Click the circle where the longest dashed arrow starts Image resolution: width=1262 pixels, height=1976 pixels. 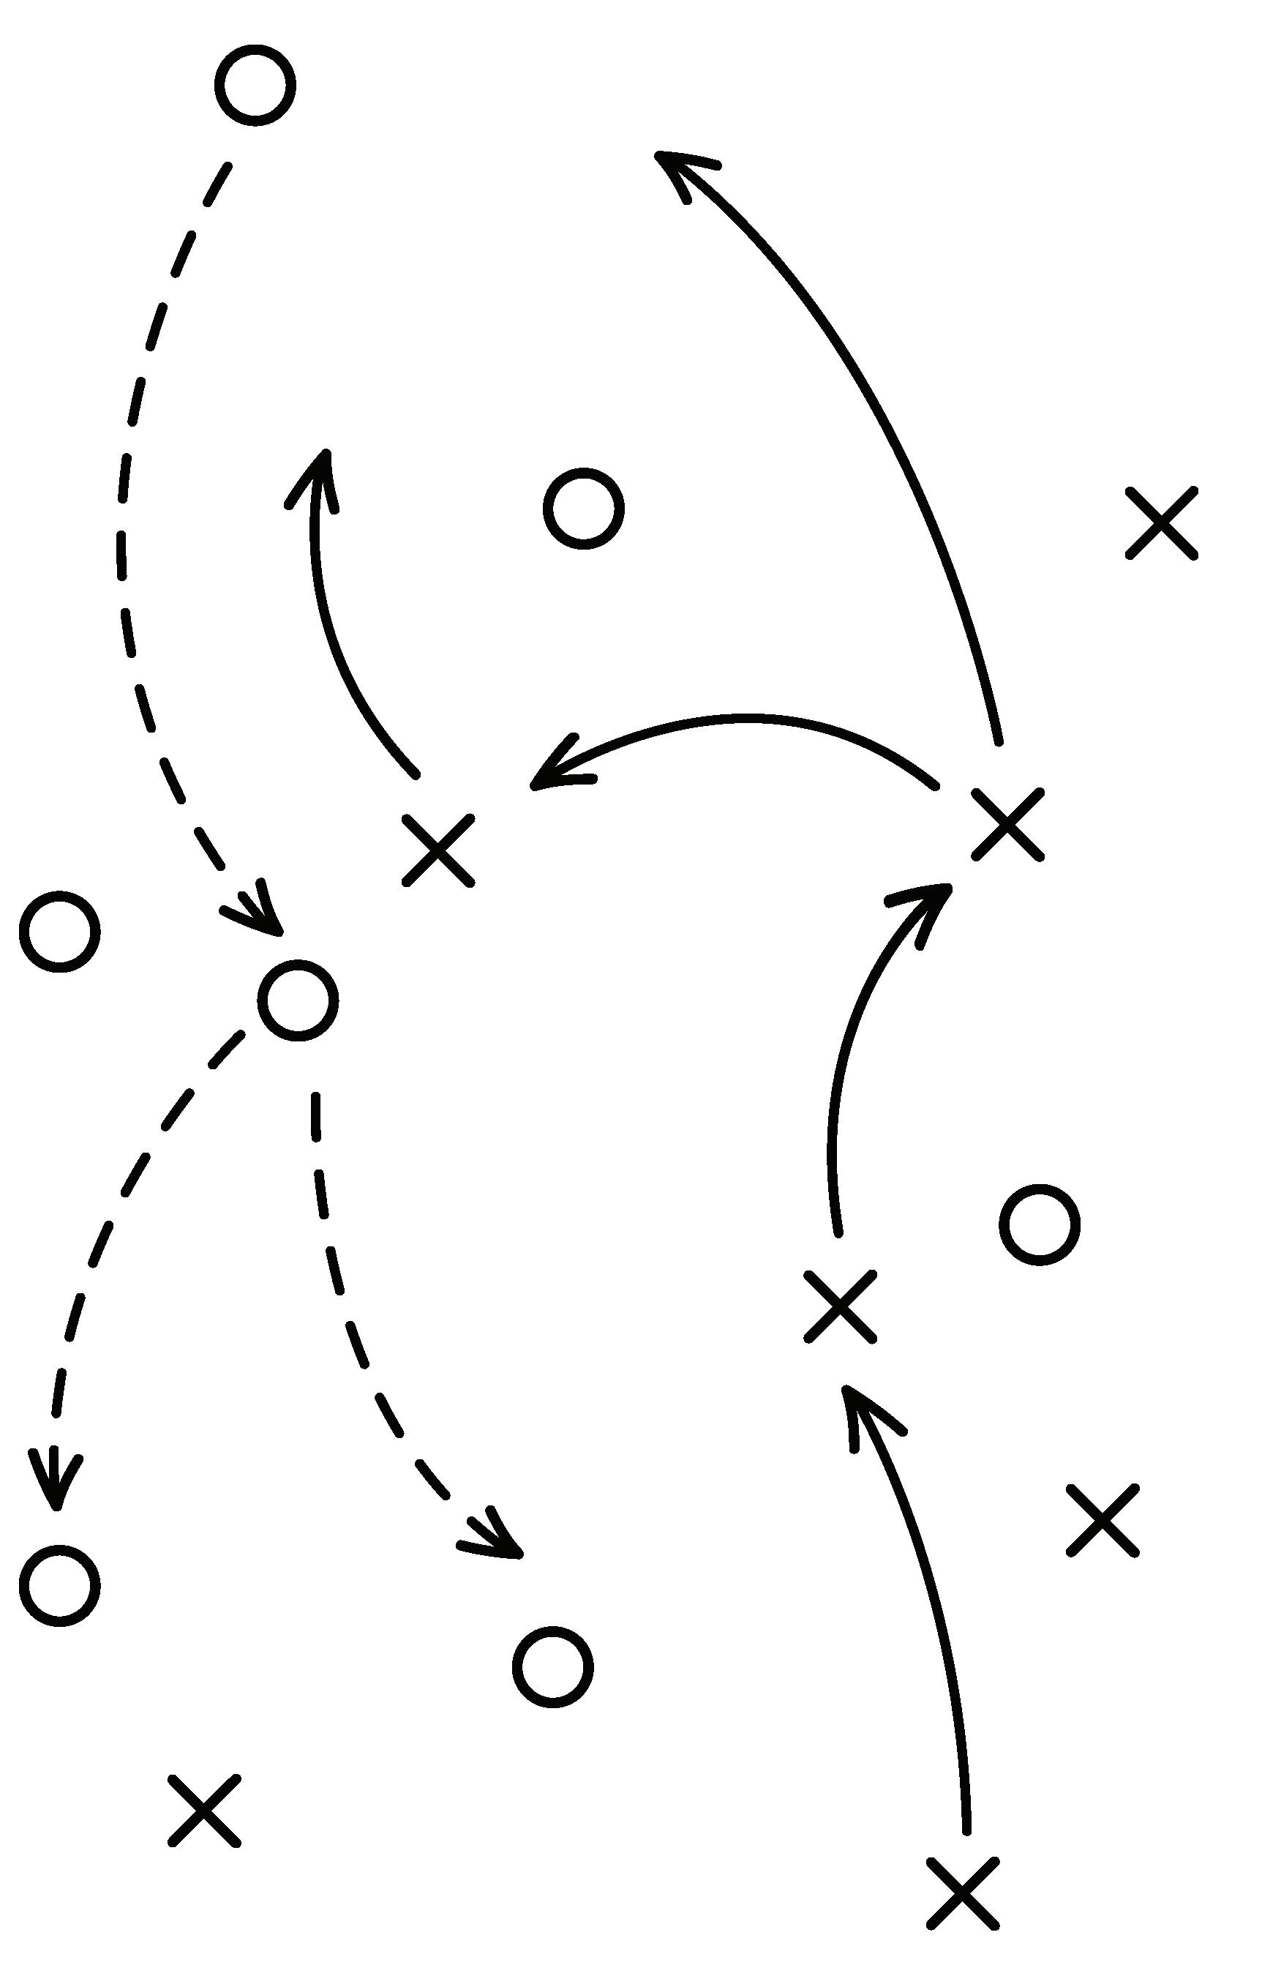(x=255, y=86)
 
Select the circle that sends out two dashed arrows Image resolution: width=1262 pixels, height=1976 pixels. (x=298, y=1000)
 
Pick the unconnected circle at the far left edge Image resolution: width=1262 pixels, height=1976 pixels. (x=60, y=932)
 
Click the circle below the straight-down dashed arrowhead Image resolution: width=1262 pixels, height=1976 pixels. (x=60, y=1584)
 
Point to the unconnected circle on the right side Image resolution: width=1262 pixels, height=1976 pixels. (x=1039, y=1224)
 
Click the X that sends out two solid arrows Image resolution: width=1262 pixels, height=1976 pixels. (x=1007, y=825)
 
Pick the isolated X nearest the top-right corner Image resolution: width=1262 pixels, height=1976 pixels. (x=1161, y=523)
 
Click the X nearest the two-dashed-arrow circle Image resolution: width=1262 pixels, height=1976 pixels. (x=438, y=850)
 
